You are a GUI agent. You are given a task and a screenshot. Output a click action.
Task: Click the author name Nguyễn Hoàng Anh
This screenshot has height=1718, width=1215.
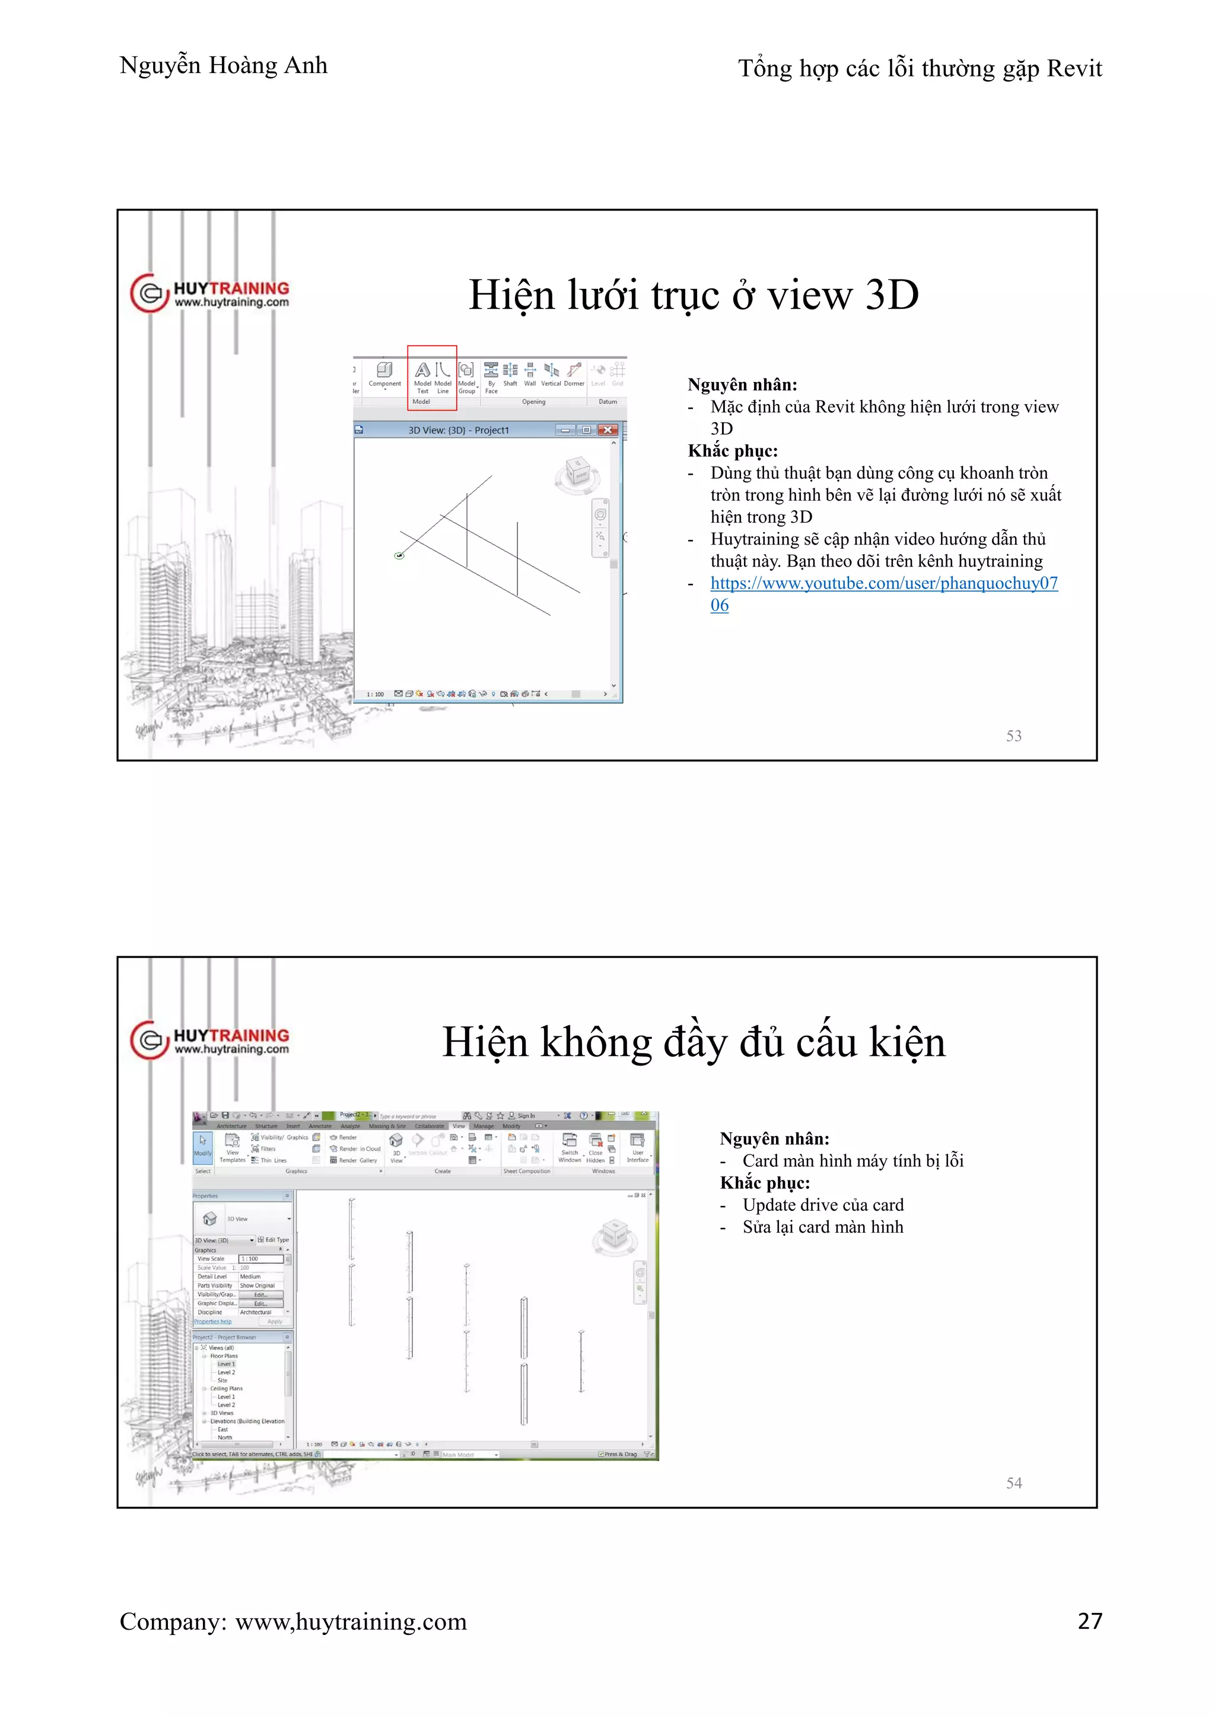coord(223,66)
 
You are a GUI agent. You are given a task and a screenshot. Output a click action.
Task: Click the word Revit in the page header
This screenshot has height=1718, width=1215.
coord(1074,69)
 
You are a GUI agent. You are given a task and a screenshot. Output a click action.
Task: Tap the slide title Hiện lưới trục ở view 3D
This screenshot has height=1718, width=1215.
coord(693,295)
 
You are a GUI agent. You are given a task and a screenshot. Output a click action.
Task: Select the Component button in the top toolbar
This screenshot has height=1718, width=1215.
coord(384,375)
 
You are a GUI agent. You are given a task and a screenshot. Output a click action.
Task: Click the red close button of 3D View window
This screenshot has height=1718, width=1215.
coord(608,430)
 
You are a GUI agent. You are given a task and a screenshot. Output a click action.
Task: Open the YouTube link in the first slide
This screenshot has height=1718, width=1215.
coord(883,584)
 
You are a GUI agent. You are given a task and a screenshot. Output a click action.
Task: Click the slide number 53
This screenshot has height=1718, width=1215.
coord(1013,736)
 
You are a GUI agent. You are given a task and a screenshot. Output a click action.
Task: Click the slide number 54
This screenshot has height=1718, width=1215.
coord(1013,1483)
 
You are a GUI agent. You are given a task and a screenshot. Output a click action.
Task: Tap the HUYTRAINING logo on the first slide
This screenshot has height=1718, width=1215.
coord(209,293)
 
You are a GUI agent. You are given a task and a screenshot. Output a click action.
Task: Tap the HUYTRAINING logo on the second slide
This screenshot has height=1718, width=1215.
coord(209,1040)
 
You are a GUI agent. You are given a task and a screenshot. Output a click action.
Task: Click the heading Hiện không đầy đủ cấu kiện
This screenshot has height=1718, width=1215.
coord(693,1042)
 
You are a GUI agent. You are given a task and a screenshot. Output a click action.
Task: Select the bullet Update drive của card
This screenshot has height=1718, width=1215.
coord(822,1205)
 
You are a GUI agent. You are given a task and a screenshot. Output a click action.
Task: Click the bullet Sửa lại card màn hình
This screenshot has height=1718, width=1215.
coord(822,1227)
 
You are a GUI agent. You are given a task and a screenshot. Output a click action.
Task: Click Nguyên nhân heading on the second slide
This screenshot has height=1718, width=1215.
coord(774,1139)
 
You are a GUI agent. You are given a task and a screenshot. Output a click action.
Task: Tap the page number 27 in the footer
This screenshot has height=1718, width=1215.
coord(1089,1621)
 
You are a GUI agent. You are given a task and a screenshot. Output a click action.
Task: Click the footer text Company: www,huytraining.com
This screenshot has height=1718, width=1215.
coord(292,1621)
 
